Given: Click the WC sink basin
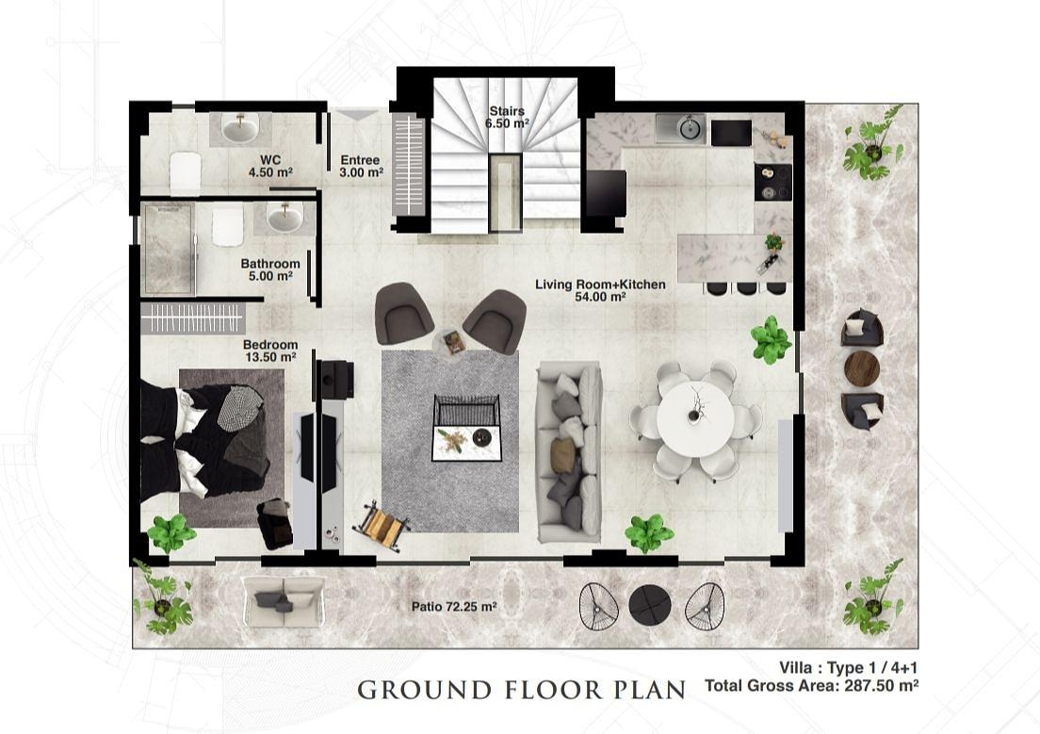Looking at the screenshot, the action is click(239, 128).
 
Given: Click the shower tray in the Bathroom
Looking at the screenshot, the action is click(169, 249).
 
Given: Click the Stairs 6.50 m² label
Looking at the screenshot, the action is click(507, 117).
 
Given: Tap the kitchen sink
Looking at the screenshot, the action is click(681, 129).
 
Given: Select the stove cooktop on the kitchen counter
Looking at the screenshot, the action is click(773, 182).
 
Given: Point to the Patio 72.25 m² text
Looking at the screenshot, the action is click(454, 607).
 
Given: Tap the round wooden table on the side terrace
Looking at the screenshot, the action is click(862, 367).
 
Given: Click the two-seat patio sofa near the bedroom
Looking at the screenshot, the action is click(284, 601).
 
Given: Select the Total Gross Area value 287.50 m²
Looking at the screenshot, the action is click(882, 686).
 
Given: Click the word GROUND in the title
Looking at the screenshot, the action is click(427, 691).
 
